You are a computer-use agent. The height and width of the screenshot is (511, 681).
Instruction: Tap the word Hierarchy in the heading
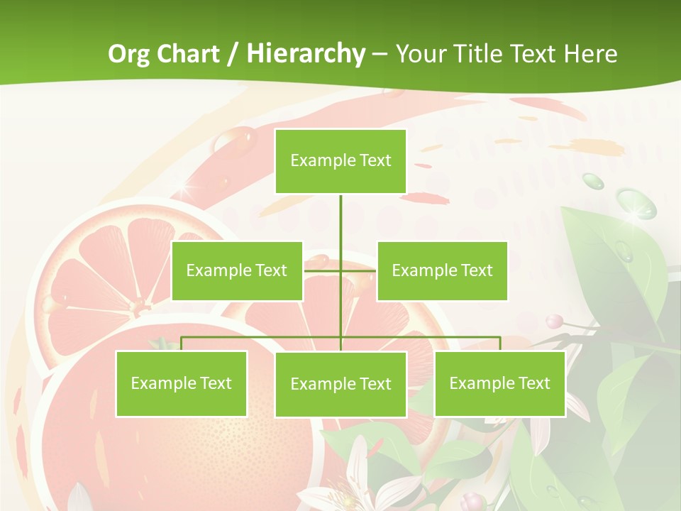(305, 54)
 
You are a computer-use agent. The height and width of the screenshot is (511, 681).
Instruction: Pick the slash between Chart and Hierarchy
(233, 55)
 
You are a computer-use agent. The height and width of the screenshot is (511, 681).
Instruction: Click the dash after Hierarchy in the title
(380, 55)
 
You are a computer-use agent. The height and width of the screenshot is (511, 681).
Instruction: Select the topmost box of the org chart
(340, 161)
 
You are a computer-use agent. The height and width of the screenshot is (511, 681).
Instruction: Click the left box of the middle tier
(237, 270)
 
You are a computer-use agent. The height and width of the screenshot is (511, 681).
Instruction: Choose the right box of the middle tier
(442, 270)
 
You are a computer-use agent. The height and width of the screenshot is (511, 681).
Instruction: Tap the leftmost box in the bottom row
(181, 383)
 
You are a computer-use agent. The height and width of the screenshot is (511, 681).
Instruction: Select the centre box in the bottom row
(340, 384)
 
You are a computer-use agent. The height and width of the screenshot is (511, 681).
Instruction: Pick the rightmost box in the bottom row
(499, 383)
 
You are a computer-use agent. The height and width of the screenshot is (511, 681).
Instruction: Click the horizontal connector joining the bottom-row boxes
(262, 337)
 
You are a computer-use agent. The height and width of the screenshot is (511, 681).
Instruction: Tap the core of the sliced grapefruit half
(135, 307)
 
